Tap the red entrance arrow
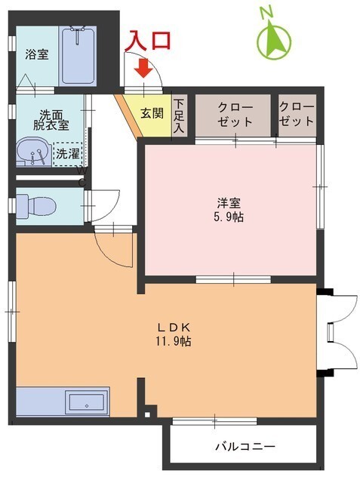click(x=144, y=70)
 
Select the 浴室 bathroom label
click(x=37, y=54)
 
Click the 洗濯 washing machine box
click(x=66, y=154)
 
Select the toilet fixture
click(x=30, y=205)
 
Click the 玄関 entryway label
click(x=151, y=115)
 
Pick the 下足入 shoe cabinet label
click(x=178, y=114)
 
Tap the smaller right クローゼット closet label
click(x=297, y=113)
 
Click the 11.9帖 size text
click(x=174, y=341)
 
